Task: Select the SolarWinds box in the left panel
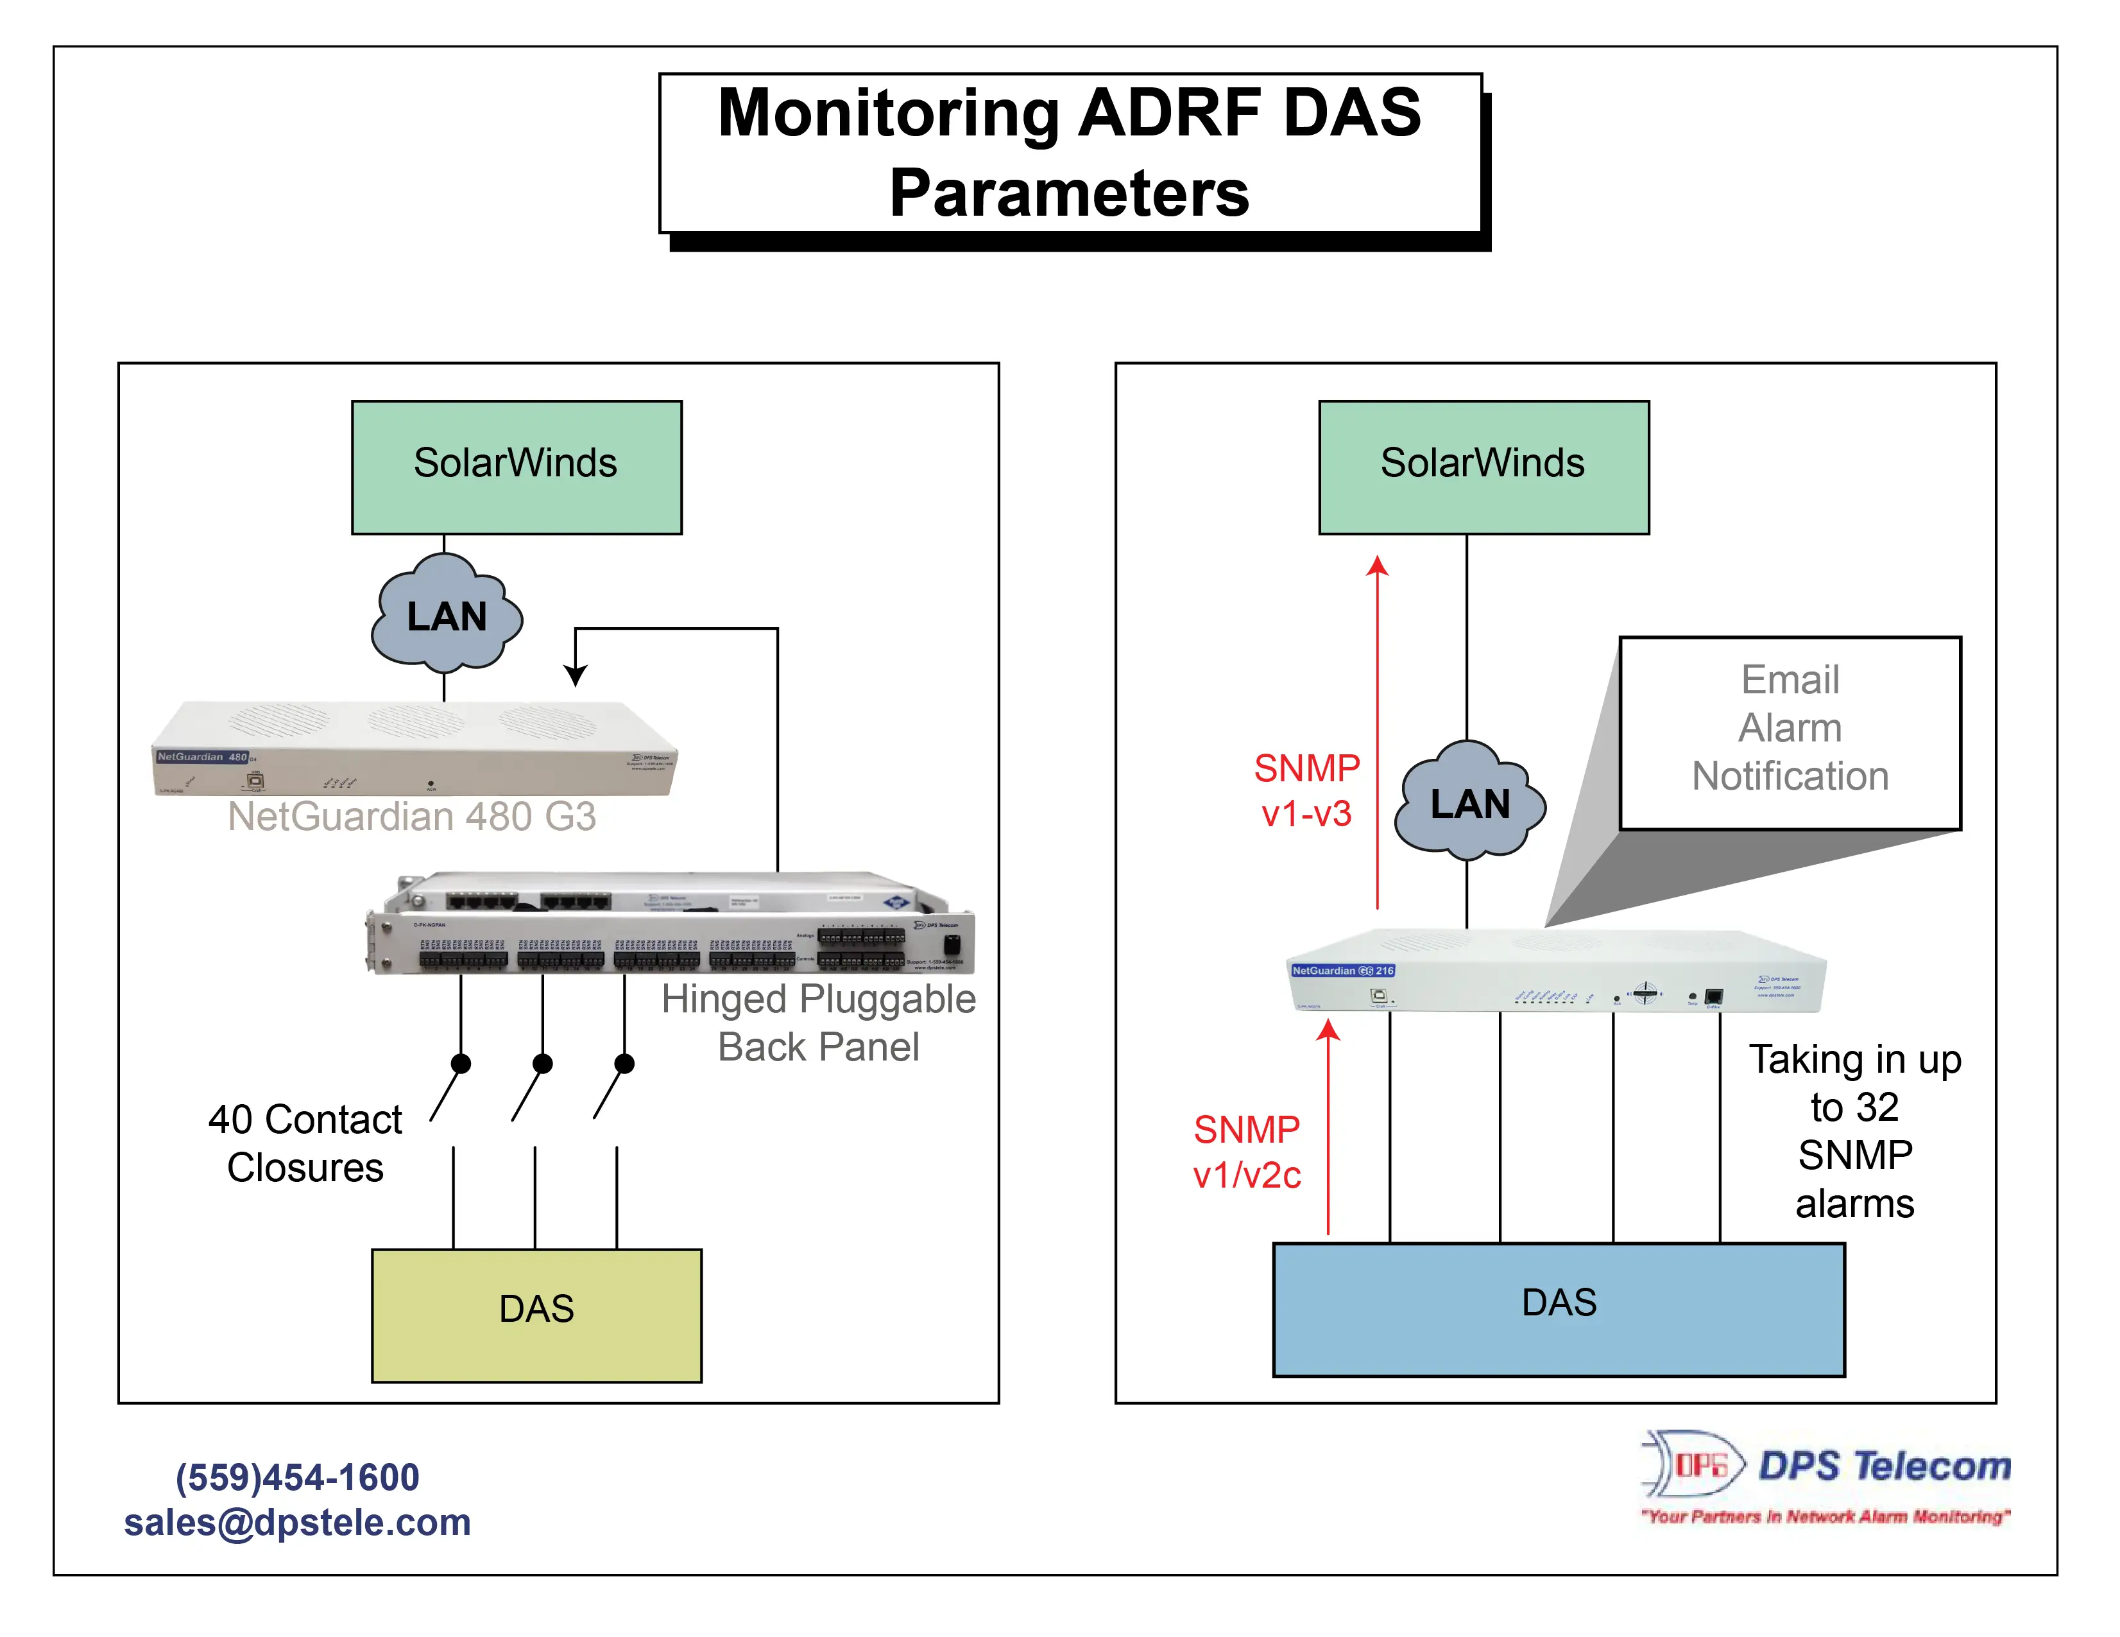(x=517, y=467)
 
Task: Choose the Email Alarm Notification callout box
(x=1789, y=732)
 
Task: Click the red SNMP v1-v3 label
(x=1306, y=790)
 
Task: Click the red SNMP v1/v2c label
(x=1246, y=1152)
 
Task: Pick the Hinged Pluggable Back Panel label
(x=817, y=1023)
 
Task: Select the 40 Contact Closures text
(x=305, y=1143)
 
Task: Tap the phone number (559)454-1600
(x=297, y=1477)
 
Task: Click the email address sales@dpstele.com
(x=297, y=1521)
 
